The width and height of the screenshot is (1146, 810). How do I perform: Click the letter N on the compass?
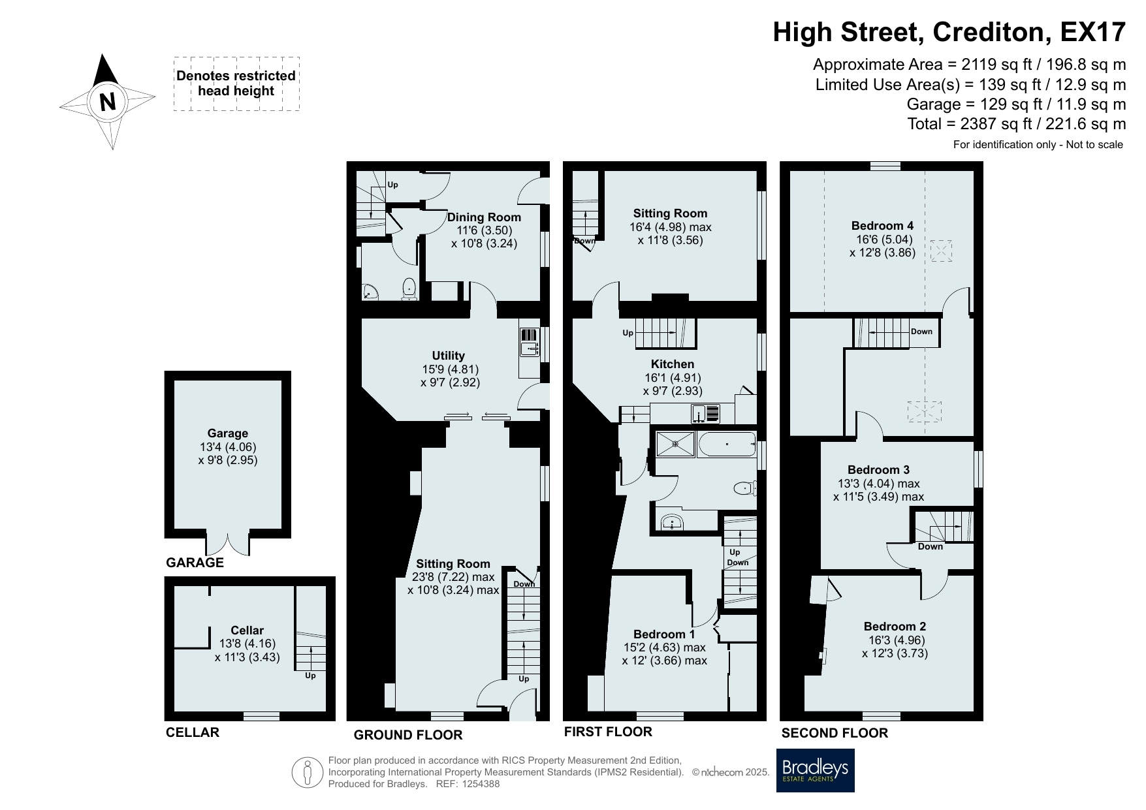[108, 102]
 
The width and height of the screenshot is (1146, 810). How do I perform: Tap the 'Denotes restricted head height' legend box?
[236, 84]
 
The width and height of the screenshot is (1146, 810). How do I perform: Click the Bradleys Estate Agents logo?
[815, 770]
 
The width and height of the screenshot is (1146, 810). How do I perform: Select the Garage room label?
[228, 433]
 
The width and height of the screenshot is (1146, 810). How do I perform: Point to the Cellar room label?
[247, 631]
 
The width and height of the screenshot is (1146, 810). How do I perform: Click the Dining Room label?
[484, 217]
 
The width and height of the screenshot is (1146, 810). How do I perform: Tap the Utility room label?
[448, 356]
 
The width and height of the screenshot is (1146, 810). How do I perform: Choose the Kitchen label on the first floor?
[673, 364]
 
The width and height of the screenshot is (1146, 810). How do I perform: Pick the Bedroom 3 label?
[878, 470]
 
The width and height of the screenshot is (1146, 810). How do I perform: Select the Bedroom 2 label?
[895, 627]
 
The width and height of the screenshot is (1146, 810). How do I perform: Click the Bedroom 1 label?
[664, 634]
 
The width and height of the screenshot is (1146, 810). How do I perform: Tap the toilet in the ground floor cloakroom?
[409, 288]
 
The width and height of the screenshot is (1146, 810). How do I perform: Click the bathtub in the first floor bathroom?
[727, 444]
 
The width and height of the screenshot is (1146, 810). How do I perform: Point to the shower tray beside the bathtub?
[675, 444]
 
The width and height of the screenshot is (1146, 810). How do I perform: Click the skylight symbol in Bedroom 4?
[941, 251]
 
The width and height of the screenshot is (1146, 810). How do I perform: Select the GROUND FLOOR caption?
[408, 735]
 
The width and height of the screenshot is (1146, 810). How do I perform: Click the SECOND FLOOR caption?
[835, 733]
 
